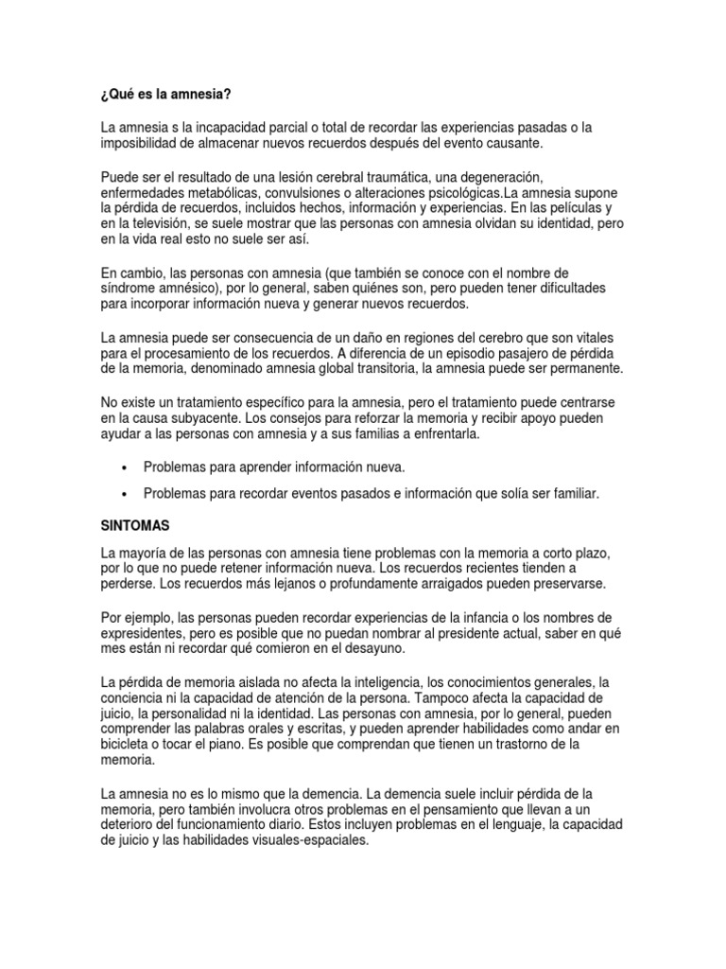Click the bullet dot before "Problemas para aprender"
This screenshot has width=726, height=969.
pyautogui.click(x=125, y=467)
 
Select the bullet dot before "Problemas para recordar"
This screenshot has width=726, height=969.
pyautogui.click(x=125, y=494)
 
